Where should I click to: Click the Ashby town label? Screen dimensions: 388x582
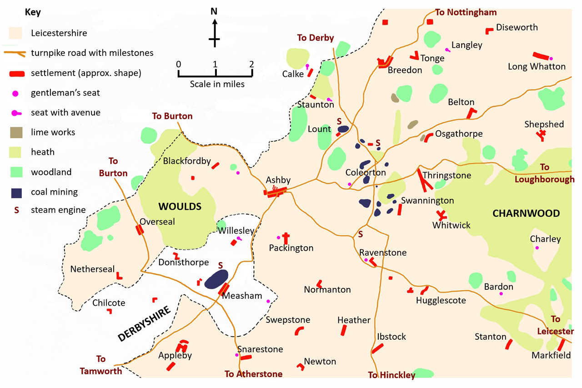point(278,180)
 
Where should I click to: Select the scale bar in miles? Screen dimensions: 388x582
point(215,72)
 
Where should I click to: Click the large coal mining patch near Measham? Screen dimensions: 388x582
point(216,279)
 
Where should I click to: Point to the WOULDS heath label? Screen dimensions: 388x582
point(180,207)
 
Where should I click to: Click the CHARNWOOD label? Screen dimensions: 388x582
point(526,213)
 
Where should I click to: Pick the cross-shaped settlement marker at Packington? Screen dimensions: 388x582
point(286,238)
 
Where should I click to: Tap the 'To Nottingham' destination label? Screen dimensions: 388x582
point(466,12)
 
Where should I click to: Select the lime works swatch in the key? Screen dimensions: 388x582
point(15,132)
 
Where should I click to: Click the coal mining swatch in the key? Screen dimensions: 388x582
point(15,192)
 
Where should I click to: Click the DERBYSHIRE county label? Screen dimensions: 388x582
point(144,324)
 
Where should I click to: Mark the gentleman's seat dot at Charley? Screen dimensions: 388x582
point(537,248)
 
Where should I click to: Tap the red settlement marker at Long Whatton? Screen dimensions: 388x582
point(541,55)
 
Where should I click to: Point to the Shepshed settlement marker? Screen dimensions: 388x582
point(541,135)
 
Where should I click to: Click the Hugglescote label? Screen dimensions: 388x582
point(441,300)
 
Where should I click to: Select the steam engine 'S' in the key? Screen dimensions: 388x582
point(15,210)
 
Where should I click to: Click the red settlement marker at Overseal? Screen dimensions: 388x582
point(140,230)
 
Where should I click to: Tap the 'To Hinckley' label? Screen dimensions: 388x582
point(391,375)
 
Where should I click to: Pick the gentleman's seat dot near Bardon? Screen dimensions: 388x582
point(502,294)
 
